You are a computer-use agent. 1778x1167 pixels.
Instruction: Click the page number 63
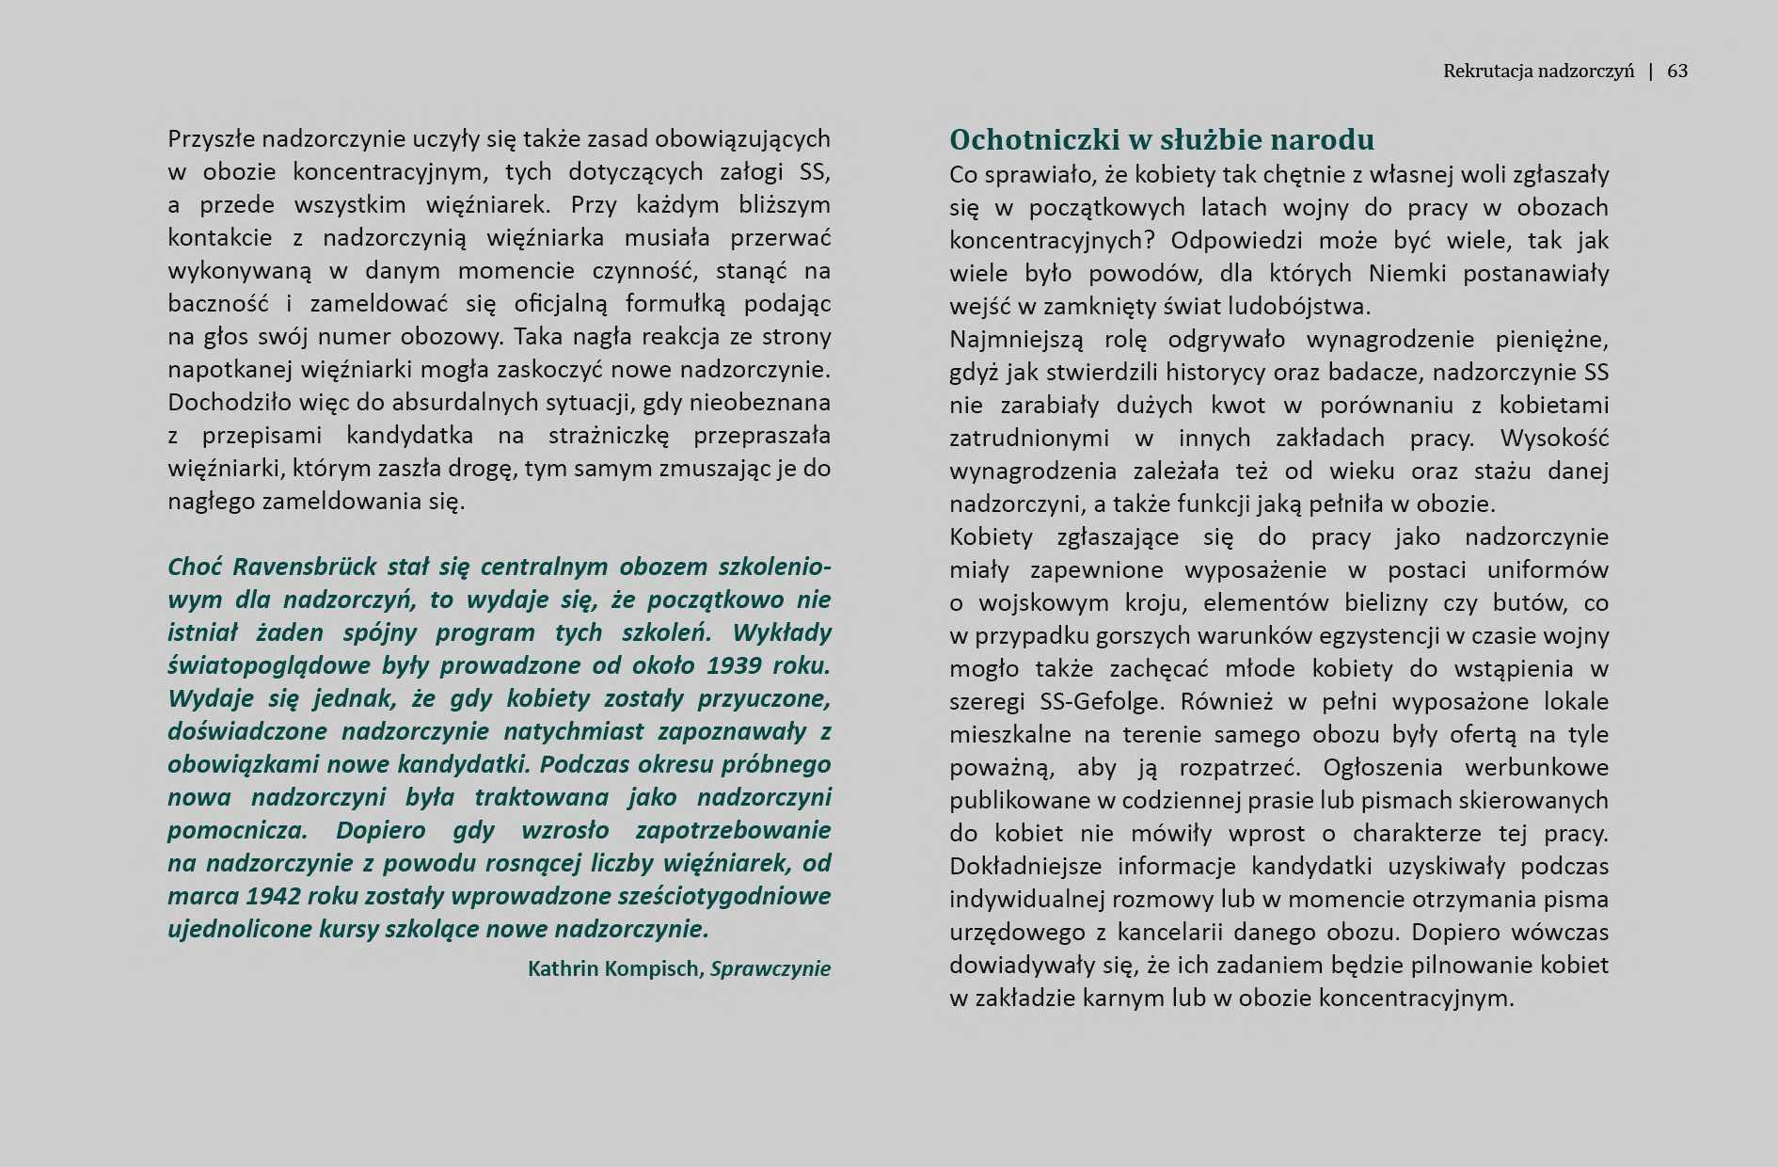(x=1677, y=71)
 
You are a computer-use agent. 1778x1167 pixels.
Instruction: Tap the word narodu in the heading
(x=1327, y=140)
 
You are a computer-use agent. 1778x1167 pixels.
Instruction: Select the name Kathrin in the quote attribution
(x=565, y=968)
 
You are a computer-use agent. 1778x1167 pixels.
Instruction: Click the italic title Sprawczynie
(x=770, y=968)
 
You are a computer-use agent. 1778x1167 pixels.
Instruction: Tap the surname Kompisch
(x=656, y=968)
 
